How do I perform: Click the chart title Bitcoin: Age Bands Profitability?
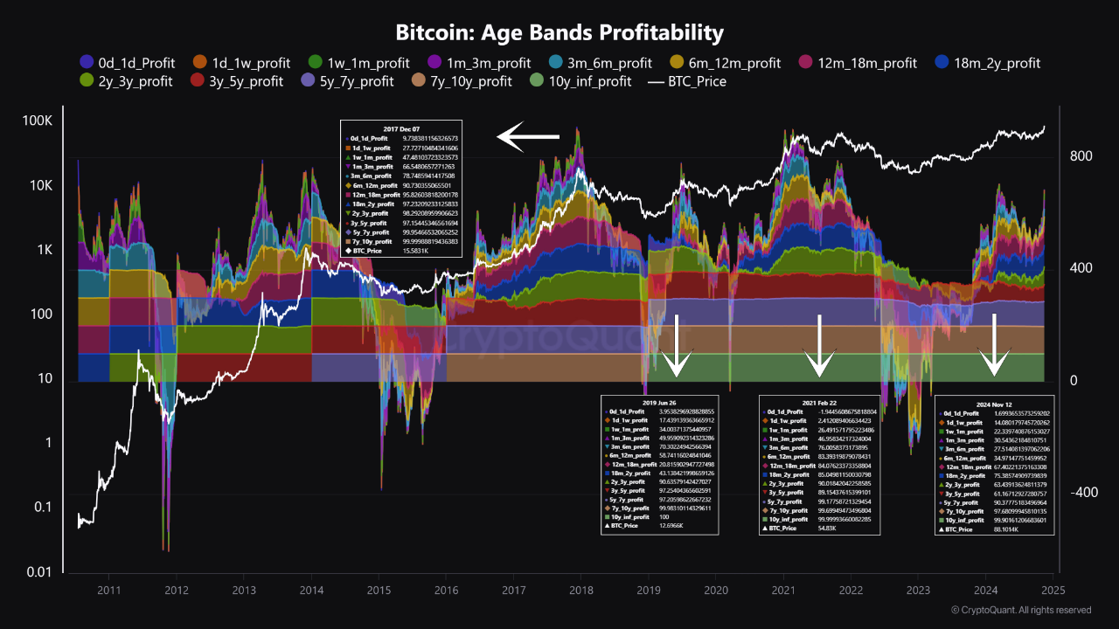coord(559,33)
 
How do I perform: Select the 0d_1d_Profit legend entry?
coord(127,63)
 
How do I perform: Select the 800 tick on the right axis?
coord(1081,156)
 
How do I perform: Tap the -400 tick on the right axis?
coord(1083,493)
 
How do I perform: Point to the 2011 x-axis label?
coord(108,591)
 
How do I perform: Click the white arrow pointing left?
coord(528,136)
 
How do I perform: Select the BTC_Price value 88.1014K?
coord(1011,529)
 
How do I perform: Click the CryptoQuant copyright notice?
coord(1020,610)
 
